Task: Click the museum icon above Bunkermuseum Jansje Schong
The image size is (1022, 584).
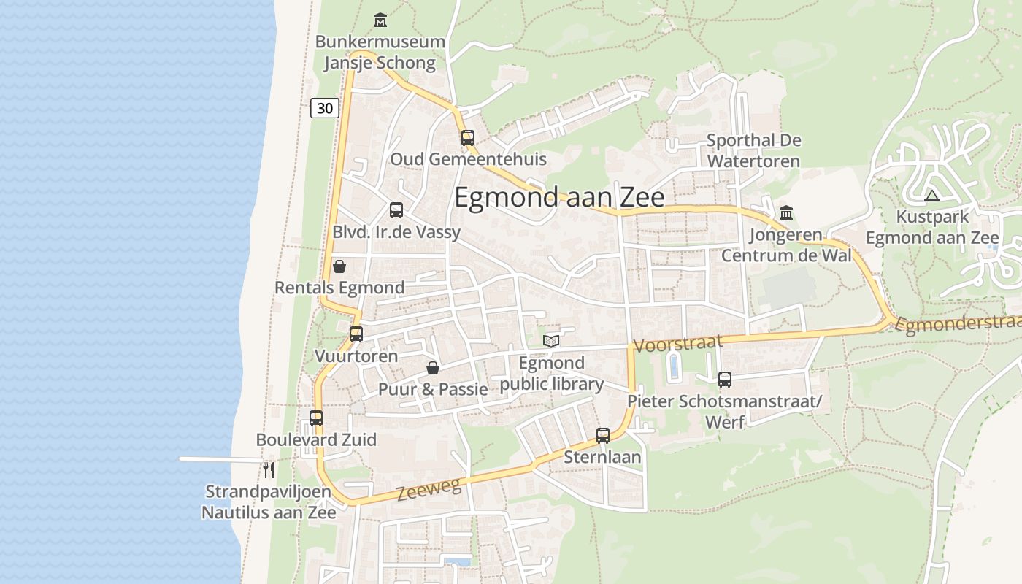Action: (380, 20)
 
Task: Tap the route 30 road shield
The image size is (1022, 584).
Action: (324, 108)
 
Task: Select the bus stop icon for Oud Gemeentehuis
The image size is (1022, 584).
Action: (468, 137)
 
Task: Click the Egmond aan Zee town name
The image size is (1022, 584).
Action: (559, 198)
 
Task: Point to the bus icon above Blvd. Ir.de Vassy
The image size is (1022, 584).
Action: (396, 210)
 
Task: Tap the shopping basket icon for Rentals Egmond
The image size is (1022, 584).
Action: (339, 266)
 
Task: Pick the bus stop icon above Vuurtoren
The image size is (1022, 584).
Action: (356, 334)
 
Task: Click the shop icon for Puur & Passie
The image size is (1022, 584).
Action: (433, 368)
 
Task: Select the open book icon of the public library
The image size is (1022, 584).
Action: (551, 341)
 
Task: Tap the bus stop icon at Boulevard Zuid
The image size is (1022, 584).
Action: (316, 418)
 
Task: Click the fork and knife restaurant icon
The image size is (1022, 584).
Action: (269, 469)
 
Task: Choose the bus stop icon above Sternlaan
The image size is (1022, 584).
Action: (603, 436)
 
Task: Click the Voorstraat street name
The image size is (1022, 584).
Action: (678, 343)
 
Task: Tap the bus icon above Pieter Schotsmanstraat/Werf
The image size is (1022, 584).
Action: (725, 380)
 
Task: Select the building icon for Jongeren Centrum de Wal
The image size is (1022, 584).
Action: (786, 213)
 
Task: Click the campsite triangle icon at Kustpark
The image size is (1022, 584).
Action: (931, 196)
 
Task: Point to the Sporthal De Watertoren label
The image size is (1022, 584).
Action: (753, 150)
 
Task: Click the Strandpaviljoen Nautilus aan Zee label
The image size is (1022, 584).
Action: (269, 502)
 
